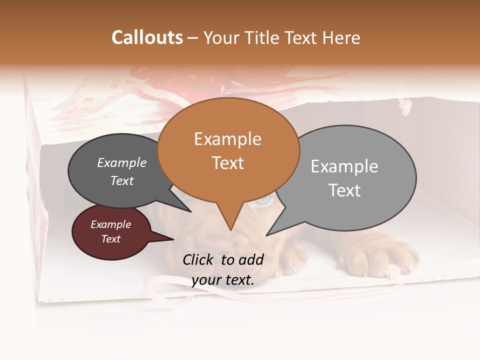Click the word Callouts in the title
[147, 37]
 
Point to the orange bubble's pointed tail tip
[230, 230]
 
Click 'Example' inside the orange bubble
[227, 139]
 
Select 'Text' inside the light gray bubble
[344, 190]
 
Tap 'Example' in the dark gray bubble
[121, 163]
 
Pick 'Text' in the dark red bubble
[110, 239]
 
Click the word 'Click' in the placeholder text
[199, 259]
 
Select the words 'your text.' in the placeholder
[223, 280]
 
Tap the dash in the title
[193, 38]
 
